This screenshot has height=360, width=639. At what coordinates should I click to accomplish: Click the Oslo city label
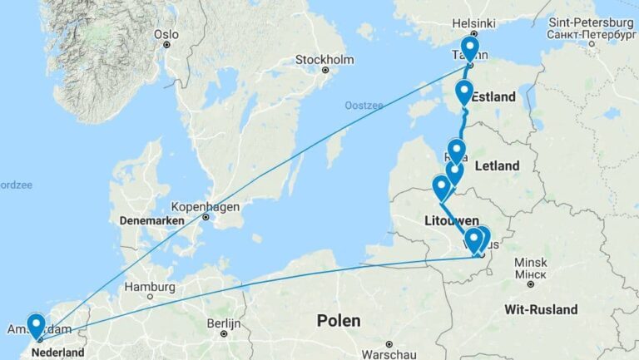tap(166, 34)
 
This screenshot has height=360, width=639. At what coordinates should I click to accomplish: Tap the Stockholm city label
tap(324, 60)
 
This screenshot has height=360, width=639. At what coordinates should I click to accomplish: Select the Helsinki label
tap(473, 23)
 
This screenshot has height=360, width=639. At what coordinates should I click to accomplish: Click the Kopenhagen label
tap(206, 206)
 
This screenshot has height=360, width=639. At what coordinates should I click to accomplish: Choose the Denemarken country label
tap(151, 222)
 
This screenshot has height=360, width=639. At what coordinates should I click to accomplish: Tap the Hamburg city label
tap(151, 287)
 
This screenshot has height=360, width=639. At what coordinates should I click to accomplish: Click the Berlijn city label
tap(222, 322)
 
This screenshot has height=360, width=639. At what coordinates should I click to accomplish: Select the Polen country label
tap(339, 320)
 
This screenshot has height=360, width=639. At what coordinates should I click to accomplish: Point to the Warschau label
tap(389, 344)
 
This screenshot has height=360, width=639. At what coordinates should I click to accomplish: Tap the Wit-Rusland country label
tap(541, 309)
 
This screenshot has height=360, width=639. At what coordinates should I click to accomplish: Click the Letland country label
tap(497, 166)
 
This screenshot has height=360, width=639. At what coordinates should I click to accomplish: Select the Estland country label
tap(495, 97)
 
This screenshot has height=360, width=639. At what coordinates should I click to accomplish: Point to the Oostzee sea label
tap(362, 105)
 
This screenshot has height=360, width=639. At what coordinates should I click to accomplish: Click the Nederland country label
tap(57, 353)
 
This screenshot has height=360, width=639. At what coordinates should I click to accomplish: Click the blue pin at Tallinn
tap(470, 48)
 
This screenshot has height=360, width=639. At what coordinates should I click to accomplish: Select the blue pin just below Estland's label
tap(464, 92)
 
